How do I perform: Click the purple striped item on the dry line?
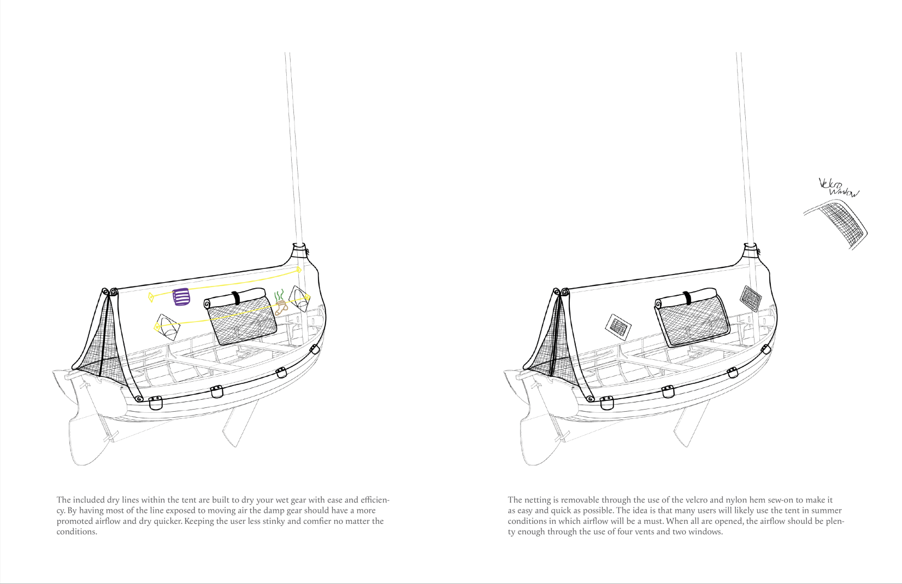click(181, 296)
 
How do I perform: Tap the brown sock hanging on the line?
click(281, 308)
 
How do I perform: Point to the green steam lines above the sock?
click(279, 295)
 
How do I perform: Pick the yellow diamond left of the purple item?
click(151, 297)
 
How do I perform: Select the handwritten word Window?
click(844, 192)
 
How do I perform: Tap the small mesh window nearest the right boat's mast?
click(751, 298)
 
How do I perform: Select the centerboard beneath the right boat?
click(691, 424)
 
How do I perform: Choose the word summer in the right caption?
click(826, 511)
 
